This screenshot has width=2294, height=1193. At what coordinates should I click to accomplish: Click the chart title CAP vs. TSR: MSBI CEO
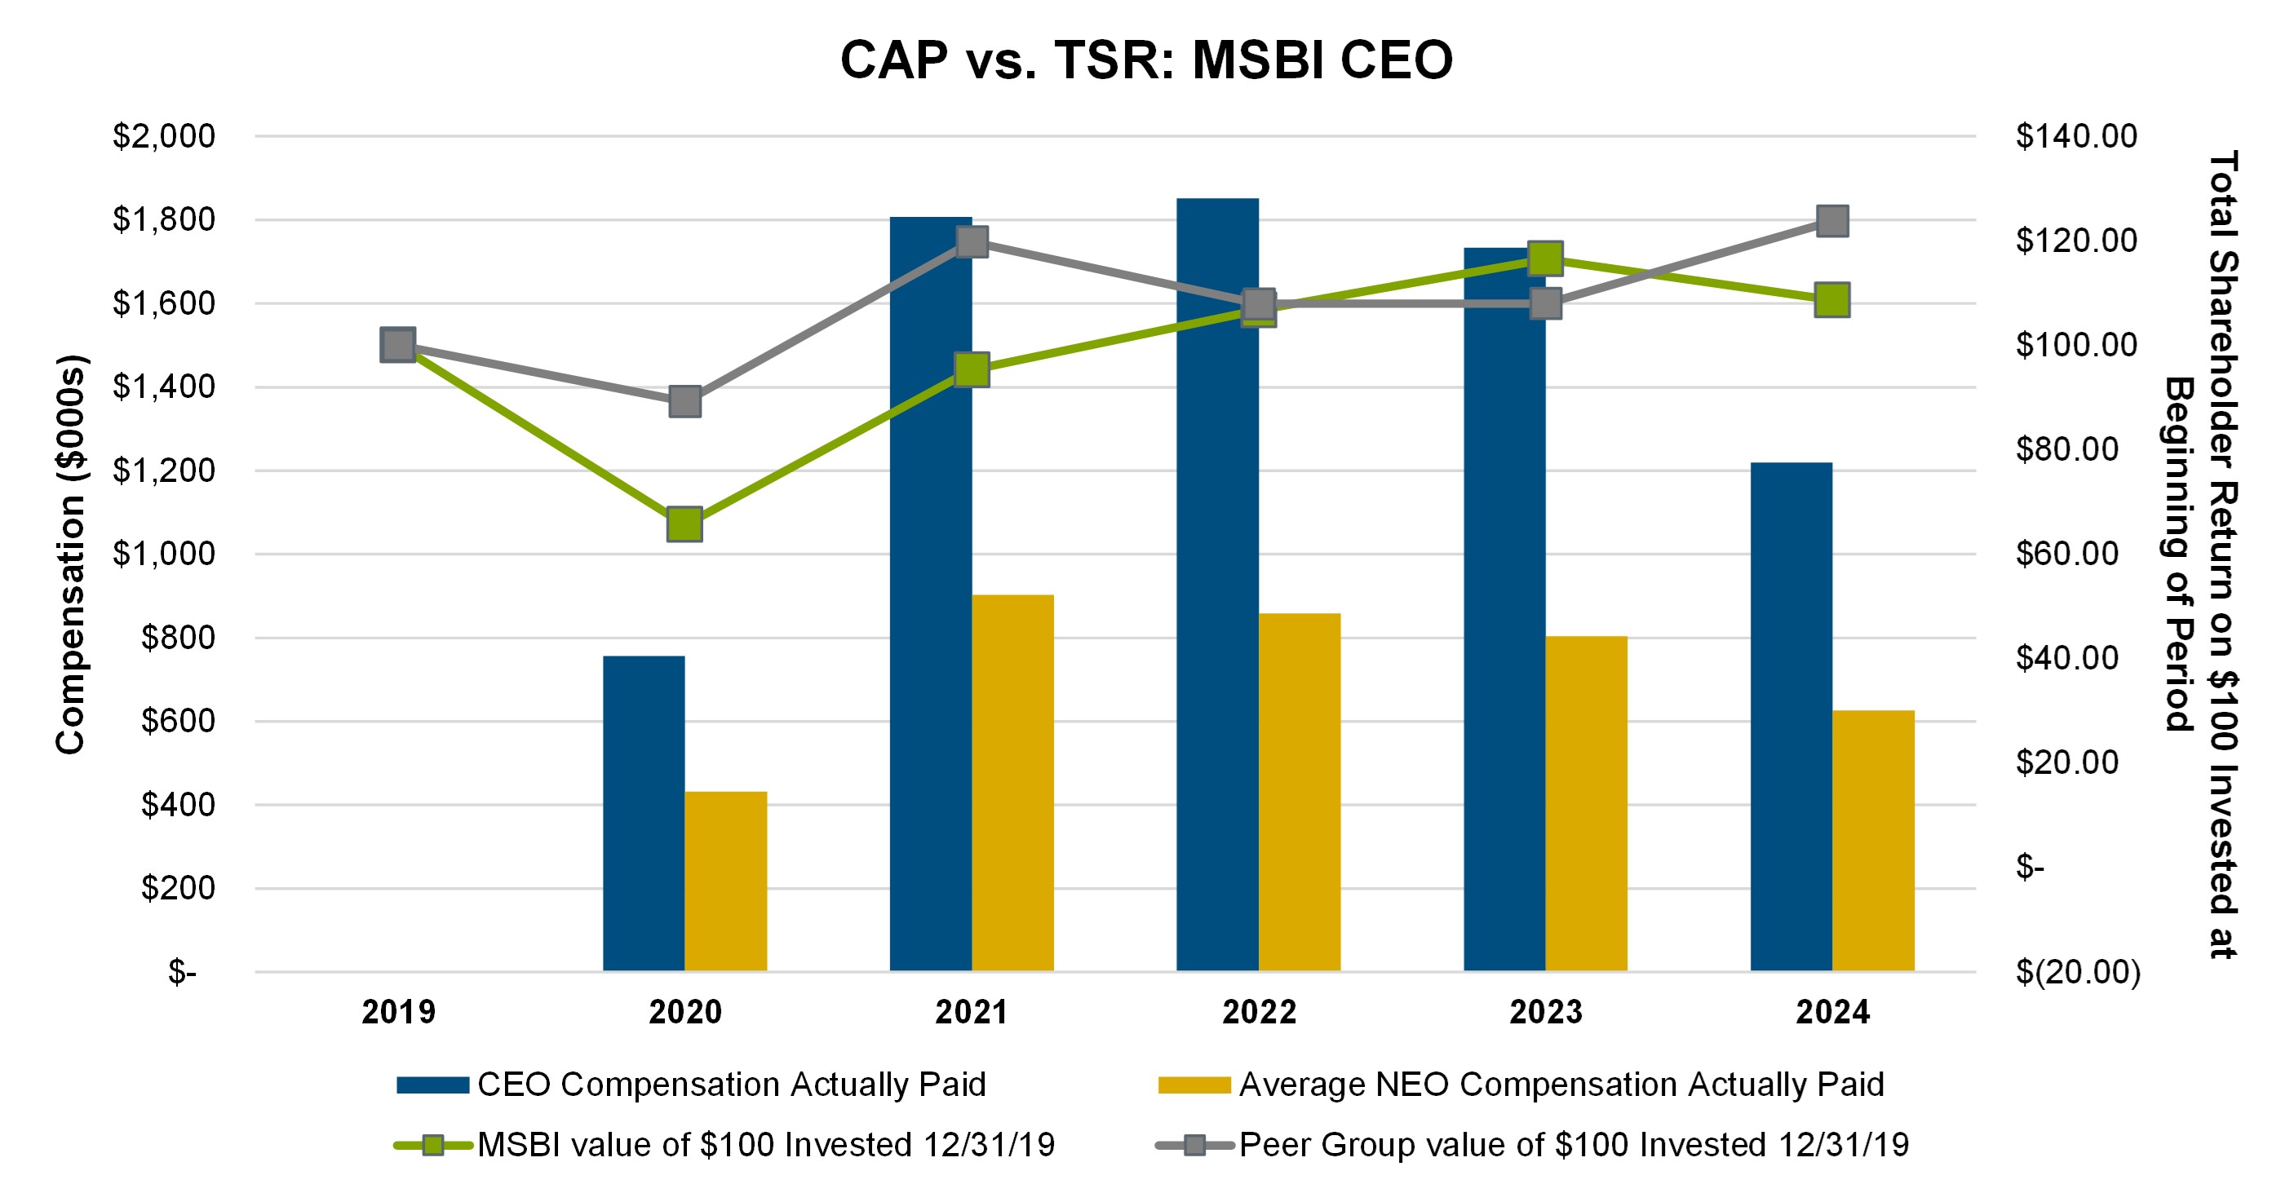tap(1146, 60)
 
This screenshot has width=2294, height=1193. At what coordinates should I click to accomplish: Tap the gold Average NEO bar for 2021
tap(1012, 783)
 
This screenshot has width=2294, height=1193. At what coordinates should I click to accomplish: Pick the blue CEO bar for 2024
tap(1791, 717)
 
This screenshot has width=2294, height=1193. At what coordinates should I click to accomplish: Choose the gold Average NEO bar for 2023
tap(1586, 803)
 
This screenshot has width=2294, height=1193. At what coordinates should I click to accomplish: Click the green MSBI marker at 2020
tap(684, 524)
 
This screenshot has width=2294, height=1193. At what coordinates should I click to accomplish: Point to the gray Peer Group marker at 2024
tap(1831, 221)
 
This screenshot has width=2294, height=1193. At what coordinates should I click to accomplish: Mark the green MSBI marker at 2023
tap(1545, 258)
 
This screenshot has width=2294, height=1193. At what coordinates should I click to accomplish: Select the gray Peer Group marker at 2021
tap(972, 241)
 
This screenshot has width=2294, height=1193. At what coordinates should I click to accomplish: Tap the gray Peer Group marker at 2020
tap(684, 401)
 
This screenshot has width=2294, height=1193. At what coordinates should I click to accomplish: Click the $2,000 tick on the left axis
tap(164, 136)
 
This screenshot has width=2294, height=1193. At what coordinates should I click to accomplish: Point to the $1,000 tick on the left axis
tap(164, 554)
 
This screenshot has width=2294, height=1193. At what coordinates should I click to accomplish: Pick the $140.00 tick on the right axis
tap(2076, 136)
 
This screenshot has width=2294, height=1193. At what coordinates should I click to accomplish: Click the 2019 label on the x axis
tap(398, 1012)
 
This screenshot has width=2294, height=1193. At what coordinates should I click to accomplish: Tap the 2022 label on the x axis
tap(1258, 1012)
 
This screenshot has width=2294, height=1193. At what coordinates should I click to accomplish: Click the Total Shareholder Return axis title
tap(2199, 554)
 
